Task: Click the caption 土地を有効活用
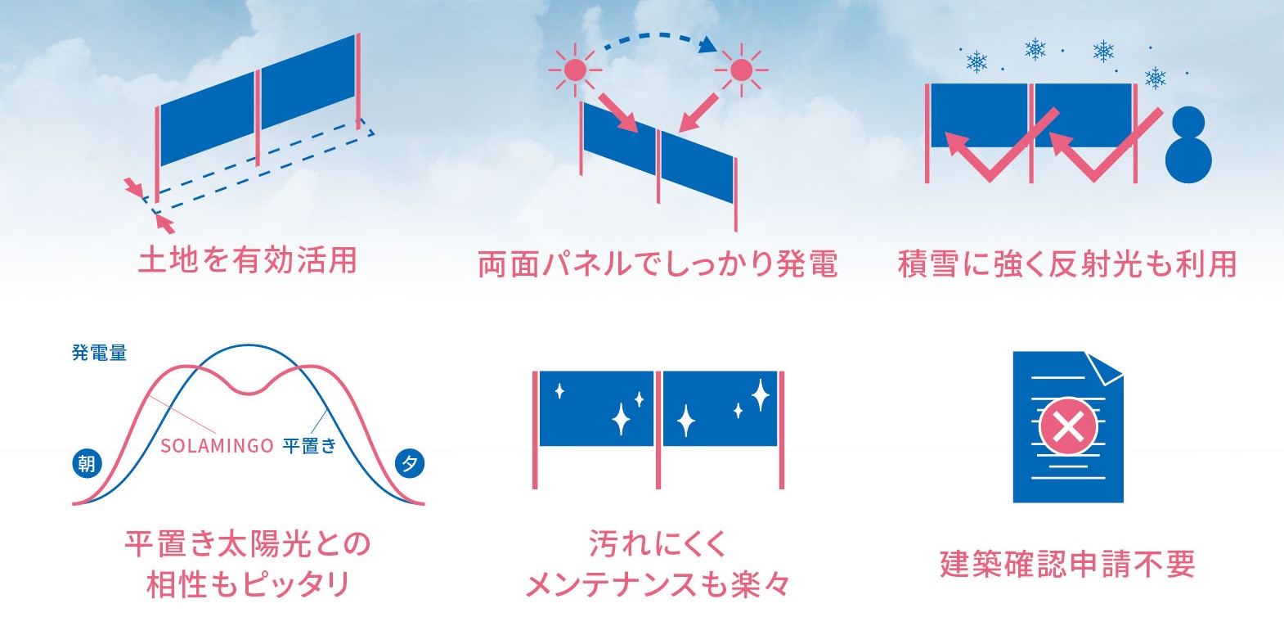tap(248, 260)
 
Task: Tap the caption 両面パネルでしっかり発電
tap(658, 264)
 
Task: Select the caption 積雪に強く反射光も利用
tap(1066, 264)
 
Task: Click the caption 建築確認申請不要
tap(1067, 564)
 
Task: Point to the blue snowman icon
tap(1188, 145)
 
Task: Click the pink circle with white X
tap(1068, 427)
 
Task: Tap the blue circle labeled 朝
tap(87, 464)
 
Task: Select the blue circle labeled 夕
tap(410, 464)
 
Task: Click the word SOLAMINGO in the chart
tap(217, 446)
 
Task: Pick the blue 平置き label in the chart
tap(309, 446)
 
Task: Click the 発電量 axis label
tap(99, 353)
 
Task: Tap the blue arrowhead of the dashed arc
tap(710, 45)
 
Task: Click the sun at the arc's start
tap(575, 70)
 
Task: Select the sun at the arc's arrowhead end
tap(740, 70)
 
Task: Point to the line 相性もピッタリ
tap(248, 585)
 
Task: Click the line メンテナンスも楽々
tap(658, 585)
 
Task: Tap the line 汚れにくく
tap(658, 543)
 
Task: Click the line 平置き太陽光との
tap(248, 543)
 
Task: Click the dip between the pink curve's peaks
tap(249, 393)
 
